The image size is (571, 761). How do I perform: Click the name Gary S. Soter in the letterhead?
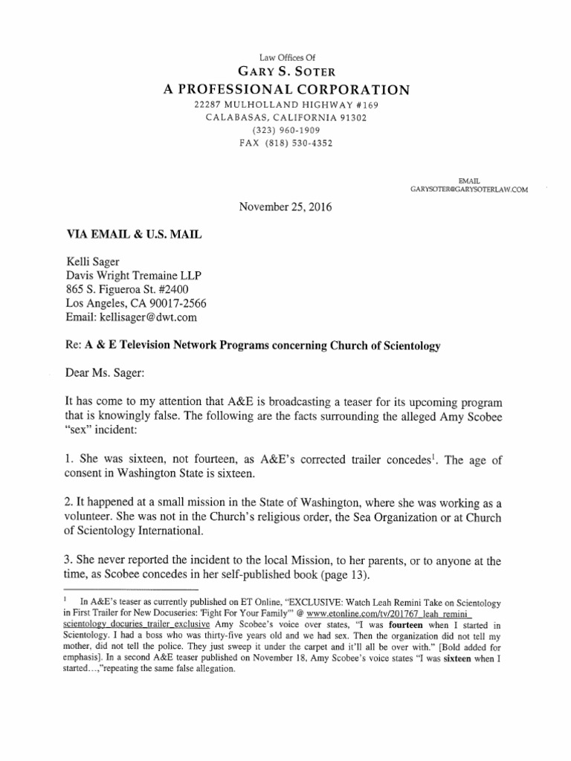click(285, 71)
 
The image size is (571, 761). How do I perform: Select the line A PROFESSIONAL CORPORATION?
click(285, 90)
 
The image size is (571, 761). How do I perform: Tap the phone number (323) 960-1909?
click(285, 129)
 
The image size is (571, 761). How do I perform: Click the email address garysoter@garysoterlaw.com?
click(469, 190)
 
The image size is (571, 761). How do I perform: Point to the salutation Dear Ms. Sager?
click(109, 374)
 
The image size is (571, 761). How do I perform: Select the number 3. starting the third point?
click(72, 560)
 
